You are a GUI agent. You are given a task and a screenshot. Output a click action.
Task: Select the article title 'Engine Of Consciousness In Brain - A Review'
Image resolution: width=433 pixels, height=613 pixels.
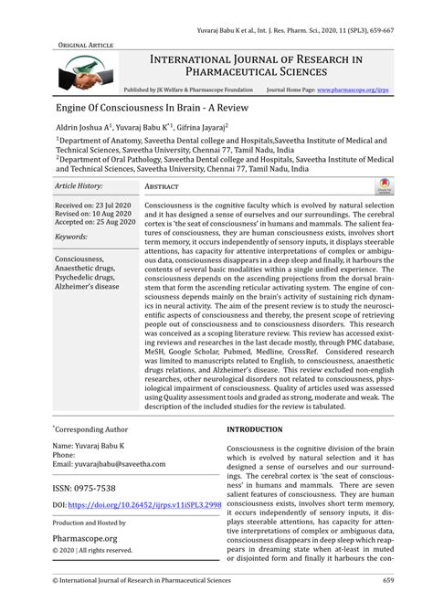153,108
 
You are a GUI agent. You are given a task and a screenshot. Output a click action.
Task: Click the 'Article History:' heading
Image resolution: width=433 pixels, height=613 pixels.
79,185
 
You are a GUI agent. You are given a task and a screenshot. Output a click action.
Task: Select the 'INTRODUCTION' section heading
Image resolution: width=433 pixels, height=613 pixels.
255,428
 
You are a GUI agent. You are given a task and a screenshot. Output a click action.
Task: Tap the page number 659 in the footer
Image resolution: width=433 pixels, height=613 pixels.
387,605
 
